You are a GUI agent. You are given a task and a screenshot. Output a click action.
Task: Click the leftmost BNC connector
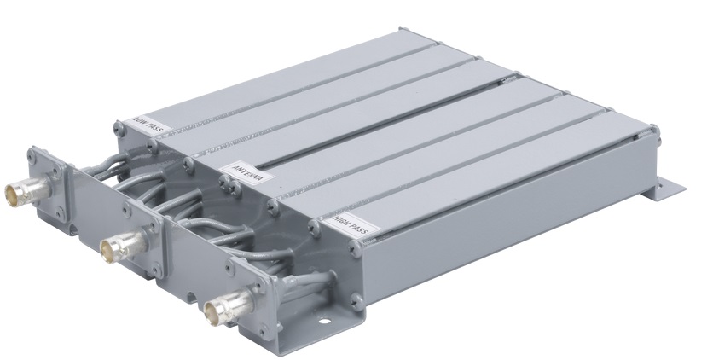coord(27,190)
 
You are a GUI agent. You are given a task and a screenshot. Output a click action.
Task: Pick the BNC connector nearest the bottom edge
coord(229,305)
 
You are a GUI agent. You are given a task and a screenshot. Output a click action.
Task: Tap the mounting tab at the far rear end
coord(669,189)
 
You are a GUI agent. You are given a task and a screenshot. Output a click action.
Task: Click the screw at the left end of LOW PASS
coord(119,128)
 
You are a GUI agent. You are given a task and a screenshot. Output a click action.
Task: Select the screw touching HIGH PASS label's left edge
coord(314,228)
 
